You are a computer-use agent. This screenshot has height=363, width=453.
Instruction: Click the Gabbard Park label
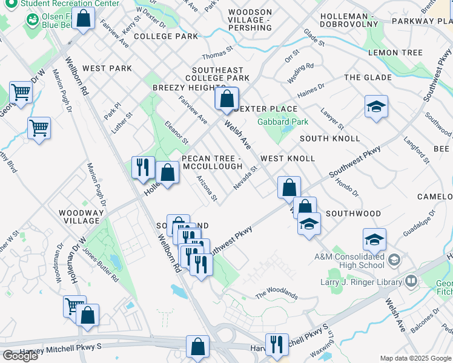pyautogui.click(x=283, y=122)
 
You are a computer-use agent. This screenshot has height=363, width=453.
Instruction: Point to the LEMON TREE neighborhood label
pyautogui.click(x=395, y=53)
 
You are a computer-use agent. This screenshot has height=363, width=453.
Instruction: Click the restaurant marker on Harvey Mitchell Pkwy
pyautogui.click(x=277, y=344)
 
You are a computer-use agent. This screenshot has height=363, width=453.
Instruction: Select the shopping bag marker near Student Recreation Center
pyautogui.click(x=84, y=18)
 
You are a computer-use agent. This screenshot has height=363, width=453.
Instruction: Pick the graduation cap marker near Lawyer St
pyautogui.click(x=376, y=107)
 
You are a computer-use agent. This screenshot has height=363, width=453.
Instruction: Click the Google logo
pyautogui.click(x=20, y=356)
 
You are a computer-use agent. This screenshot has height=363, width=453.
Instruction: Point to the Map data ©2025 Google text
pyautogui.click(x=415, y=358)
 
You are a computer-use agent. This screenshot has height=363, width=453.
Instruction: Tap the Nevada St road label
pyautogui.click(x=246, y=177)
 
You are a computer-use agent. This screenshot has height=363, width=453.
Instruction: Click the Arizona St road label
pyautogui.click(x=207, y=189)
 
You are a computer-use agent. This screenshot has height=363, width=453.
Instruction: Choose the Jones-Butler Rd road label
pyautogui.click(x=102, y=266)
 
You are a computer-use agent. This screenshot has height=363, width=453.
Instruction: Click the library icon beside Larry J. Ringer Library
pyautogui.click(x=411, y=281)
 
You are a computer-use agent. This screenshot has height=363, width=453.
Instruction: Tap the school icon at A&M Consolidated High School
pyautogui.click(x=394, y=260)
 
